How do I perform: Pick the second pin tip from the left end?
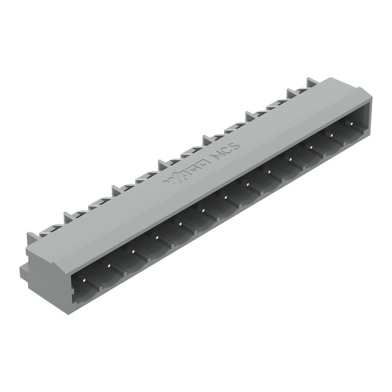coord(108,265)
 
